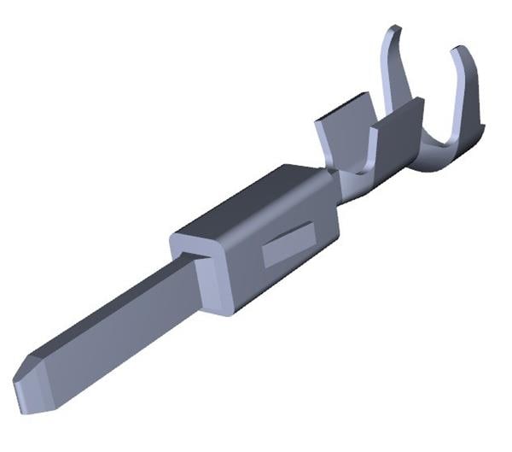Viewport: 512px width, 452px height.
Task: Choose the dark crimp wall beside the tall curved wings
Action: tap(401, 128)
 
